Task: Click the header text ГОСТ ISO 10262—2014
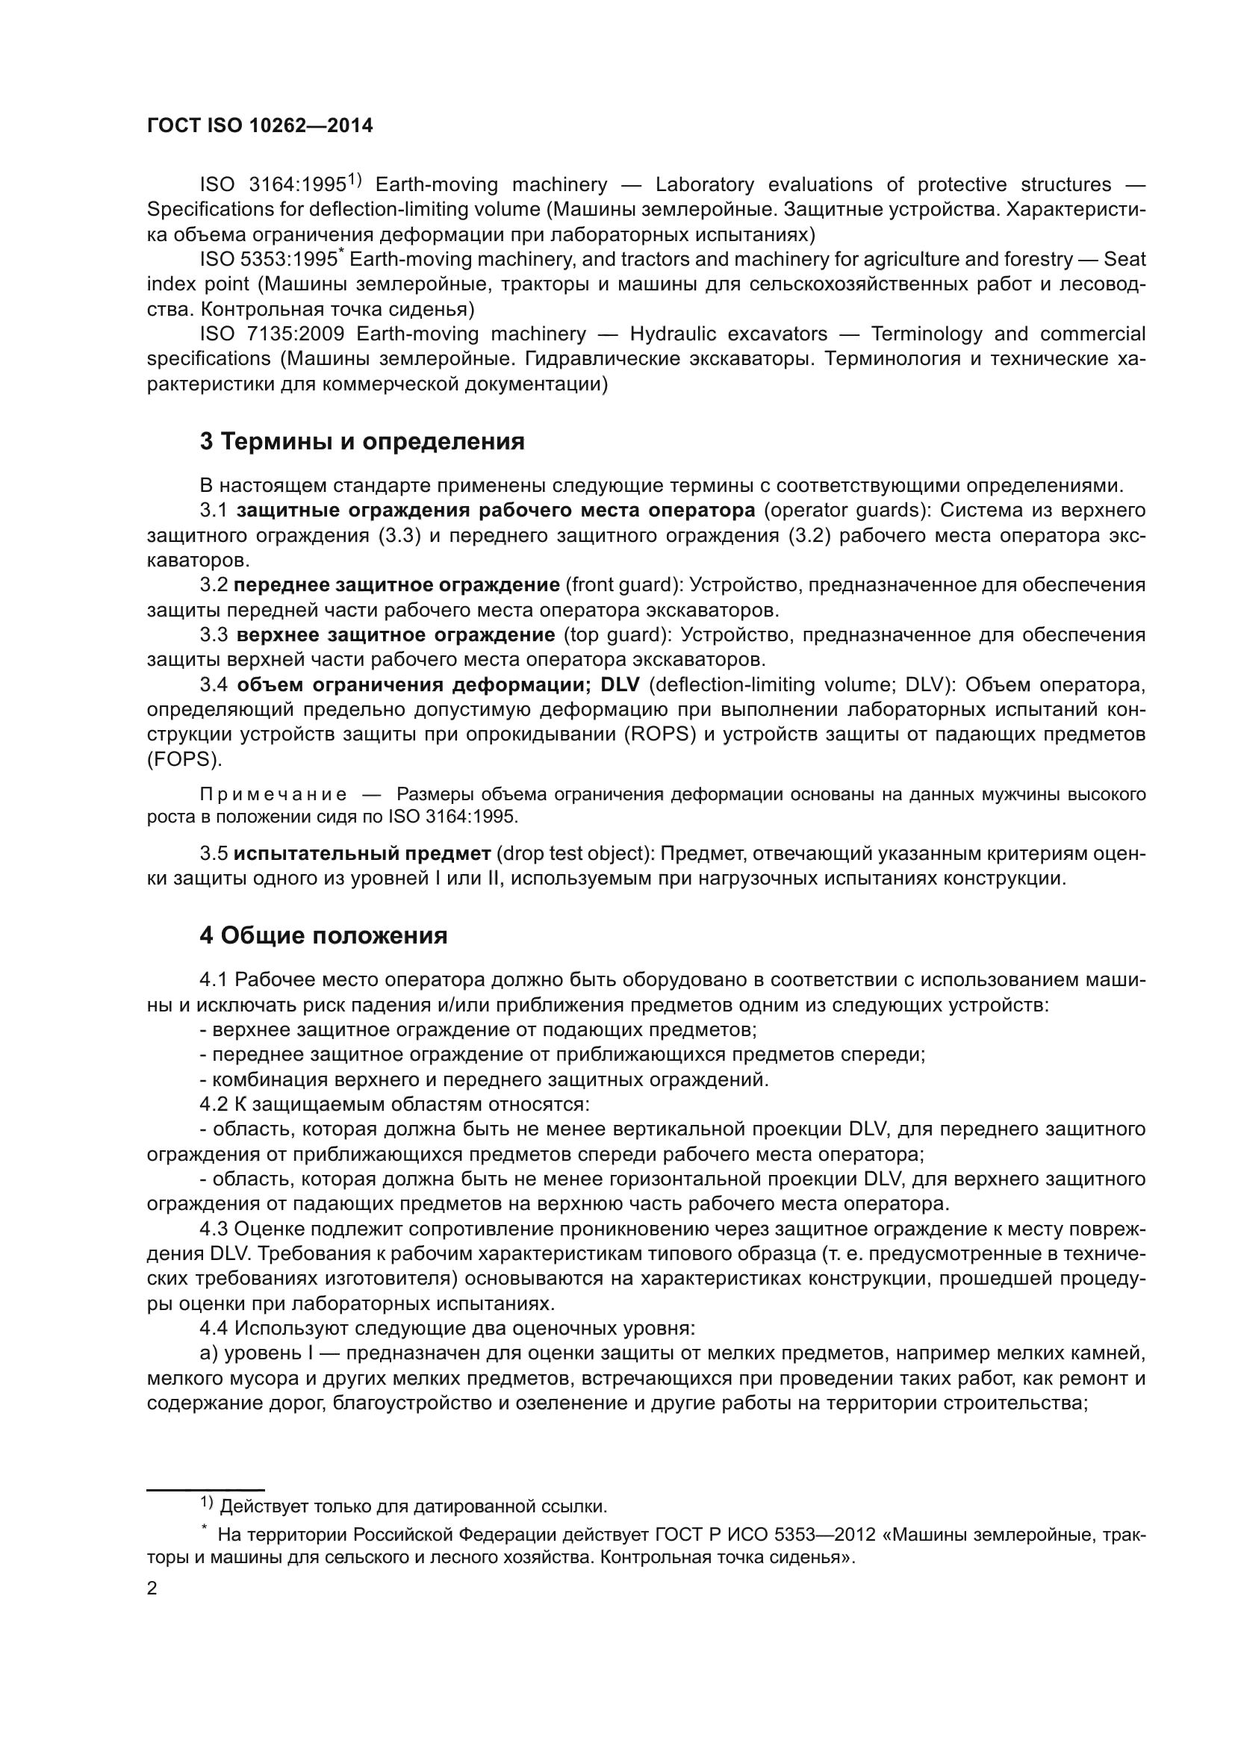tap(259, 126)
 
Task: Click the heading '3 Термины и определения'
tap(362, 442)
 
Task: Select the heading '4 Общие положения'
tap(323, 935)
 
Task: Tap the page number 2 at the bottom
tap(152, 1588)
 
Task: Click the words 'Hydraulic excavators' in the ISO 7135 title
tap(729, 334)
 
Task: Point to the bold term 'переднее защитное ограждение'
tap(397, 584)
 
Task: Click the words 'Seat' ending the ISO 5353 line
tap(1124, 259)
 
